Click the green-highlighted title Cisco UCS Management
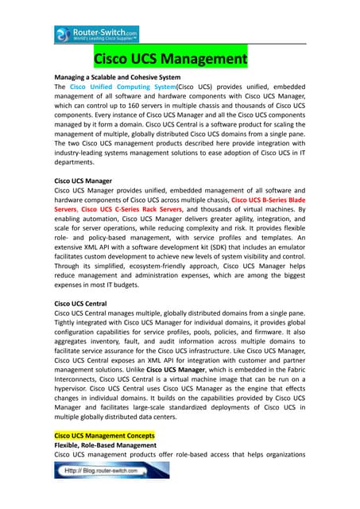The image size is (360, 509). tap(170, 59)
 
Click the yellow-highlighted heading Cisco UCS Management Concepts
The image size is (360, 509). tap(103, 436)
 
